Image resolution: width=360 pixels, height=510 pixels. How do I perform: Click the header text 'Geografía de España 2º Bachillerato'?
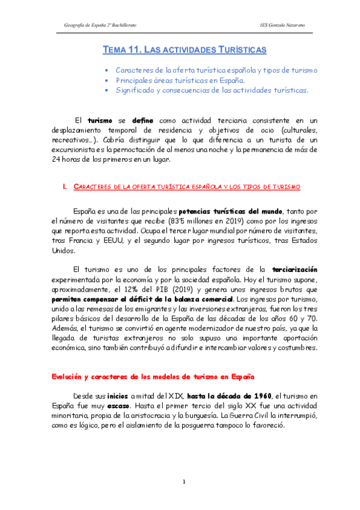point(100,24)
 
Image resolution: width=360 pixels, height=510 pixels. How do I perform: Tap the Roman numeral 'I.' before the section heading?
point(65,187)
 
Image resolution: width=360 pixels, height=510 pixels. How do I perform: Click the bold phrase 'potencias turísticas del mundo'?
point(229,212)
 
